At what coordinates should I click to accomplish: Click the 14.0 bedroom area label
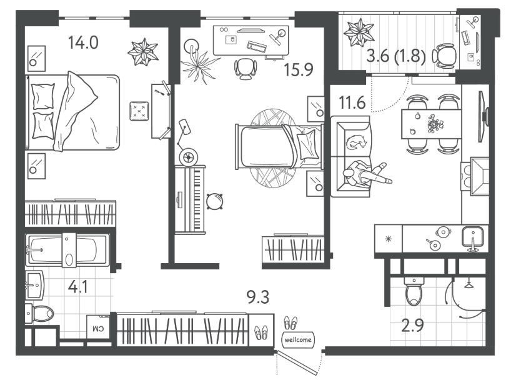(x=84, y=42)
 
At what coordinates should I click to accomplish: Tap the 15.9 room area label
(x=299, y=70)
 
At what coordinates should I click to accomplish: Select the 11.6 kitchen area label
(x=352, y=103)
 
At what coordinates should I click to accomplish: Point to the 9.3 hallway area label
(x=258, y=297)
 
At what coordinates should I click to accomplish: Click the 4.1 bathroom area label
(x=78, y=287)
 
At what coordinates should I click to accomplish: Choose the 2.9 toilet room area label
(x=412, y=325)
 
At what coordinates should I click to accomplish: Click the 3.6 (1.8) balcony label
(x=396, y=56)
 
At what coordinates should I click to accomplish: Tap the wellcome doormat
(x=298, y=339)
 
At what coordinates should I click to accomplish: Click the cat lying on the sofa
(x=357, y=142)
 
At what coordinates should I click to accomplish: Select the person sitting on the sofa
(x=367, y=174)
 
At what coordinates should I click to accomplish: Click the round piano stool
(x=214, y=201)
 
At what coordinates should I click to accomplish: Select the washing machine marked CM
(x=99, y=327)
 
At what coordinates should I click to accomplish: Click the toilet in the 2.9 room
(x=414, y=291)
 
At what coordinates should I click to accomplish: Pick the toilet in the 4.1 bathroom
(x=39, y=314)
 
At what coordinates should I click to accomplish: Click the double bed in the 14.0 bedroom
(x=72, y=112)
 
